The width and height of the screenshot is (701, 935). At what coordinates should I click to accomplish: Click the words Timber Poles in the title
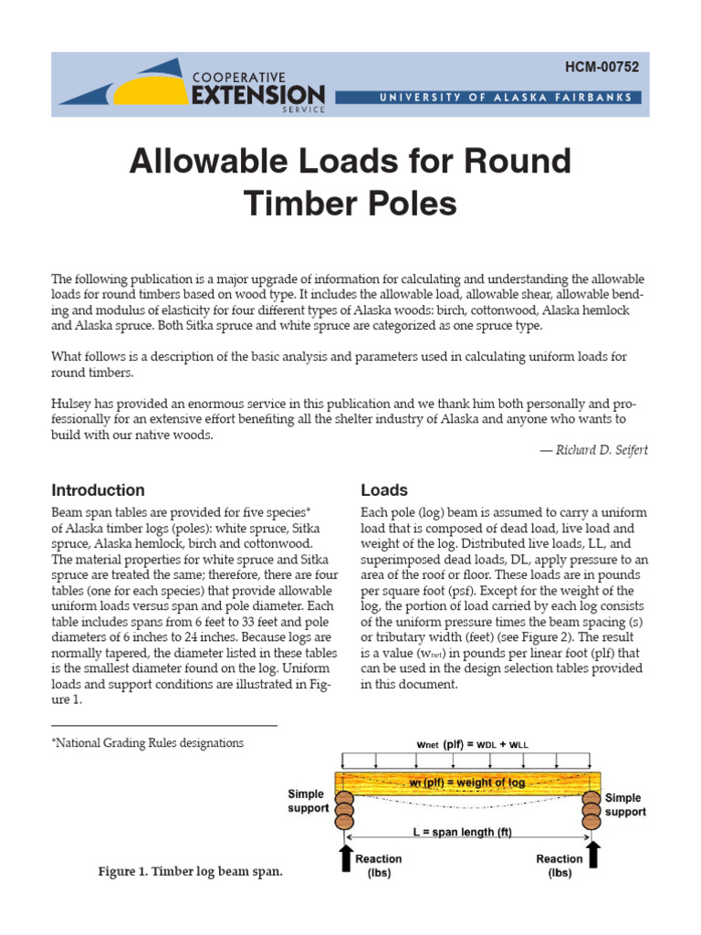[350, 204]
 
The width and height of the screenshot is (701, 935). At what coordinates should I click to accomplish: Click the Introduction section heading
[98, 490]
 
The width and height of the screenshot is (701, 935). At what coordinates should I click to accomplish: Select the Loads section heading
[384, 490]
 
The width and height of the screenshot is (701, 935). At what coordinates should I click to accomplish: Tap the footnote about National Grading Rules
[147, 743]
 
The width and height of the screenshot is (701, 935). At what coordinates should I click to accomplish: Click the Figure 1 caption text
[190, 872]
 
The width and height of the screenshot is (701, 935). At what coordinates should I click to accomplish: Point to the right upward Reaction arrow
[594, 855]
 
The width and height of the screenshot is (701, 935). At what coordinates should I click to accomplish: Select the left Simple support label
[306, 802]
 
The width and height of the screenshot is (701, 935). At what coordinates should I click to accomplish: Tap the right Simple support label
[625, 804]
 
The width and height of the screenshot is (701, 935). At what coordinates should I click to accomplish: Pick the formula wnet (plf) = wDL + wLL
[473, 744]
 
